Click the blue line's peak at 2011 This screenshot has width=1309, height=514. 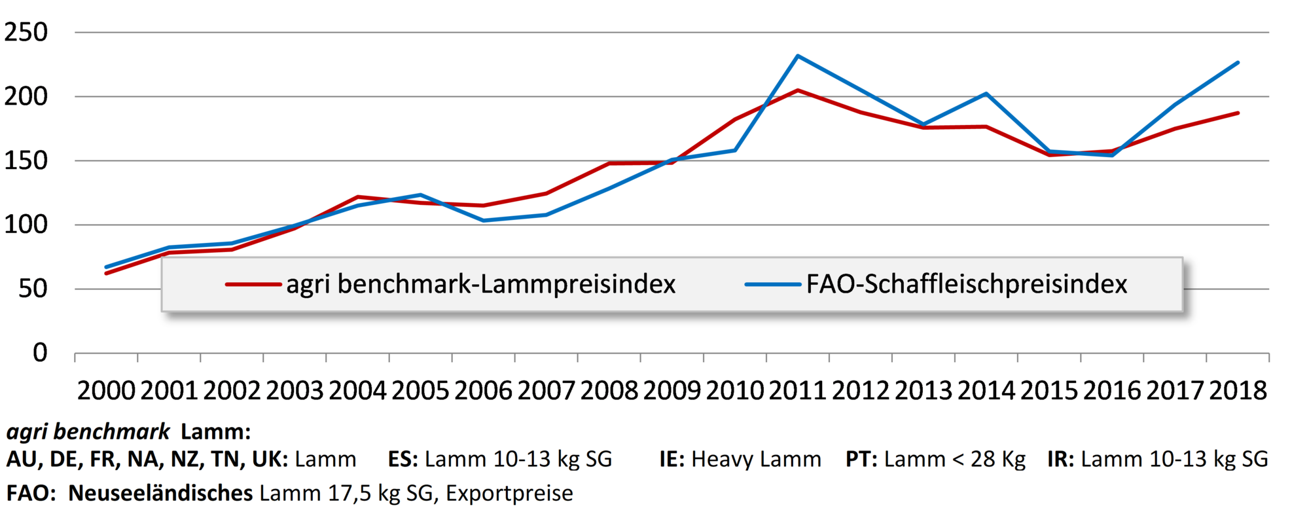click(x=798, y=56)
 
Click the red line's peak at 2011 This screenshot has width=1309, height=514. click(x=798, y=90)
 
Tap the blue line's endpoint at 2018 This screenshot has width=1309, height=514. click(x=1238, y=63)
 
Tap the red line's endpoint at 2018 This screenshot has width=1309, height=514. click(x=1238, y=113)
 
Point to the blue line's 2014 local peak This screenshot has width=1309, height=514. click(x=986, y=94)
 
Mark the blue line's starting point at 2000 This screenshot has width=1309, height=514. click(x=106, y=267)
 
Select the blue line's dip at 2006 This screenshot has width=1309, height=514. click(x=484, y=220)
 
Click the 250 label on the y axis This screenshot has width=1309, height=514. click(x=26, y=32)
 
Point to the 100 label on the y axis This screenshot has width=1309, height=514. click(x=26, y=225)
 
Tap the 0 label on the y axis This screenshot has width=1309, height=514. click(x=40, y=353)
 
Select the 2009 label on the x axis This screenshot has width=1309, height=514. click(x=672, y=391)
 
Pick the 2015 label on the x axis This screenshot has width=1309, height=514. click(x=1049, y=391)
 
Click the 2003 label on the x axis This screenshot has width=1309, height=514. click(x=295, y=391)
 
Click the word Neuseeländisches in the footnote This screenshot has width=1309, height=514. click(x=160, y=493)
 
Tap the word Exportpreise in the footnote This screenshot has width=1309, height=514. click(x=509, y=493)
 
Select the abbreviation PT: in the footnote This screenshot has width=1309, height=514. click(x=861, y=459)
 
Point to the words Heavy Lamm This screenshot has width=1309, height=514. click(x=756, y=459)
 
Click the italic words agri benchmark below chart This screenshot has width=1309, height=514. click(x=88, y=432)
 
